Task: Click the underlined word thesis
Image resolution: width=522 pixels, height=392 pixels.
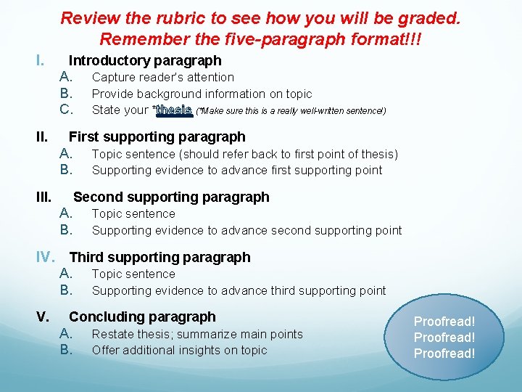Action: (x=173, y=110)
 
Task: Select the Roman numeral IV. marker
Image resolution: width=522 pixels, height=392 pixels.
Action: (x=48, y=257)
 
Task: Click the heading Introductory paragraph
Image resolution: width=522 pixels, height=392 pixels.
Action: (x=145, y=61)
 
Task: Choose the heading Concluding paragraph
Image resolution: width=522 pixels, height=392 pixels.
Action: (x=142, y=317)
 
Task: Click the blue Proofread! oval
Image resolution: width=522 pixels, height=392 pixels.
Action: (x=444, y=338)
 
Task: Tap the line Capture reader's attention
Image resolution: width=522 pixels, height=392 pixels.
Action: (x=163, y=77)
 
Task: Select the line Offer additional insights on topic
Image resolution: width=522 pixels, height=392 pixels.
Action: (x=179, y=350)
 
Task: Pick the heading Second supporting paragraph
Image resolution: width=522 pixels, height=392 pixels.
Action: (x=171, y=197)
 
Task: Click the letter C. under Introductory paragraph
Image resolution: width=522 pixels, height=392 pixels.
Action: (x=67, y=110)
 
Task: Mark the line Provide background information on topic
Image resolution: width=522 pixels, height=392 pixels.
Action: (x=202, y=94)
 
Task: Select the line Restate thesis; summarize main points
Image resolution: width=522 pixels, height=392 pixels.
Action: (x=197, y=334)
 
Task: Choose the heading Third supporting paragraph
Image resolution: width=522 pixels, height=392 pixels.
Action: (x=159, y=257)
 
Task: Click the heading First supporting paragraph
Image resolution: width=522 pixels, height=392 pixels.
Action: (x=157, y=136)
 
